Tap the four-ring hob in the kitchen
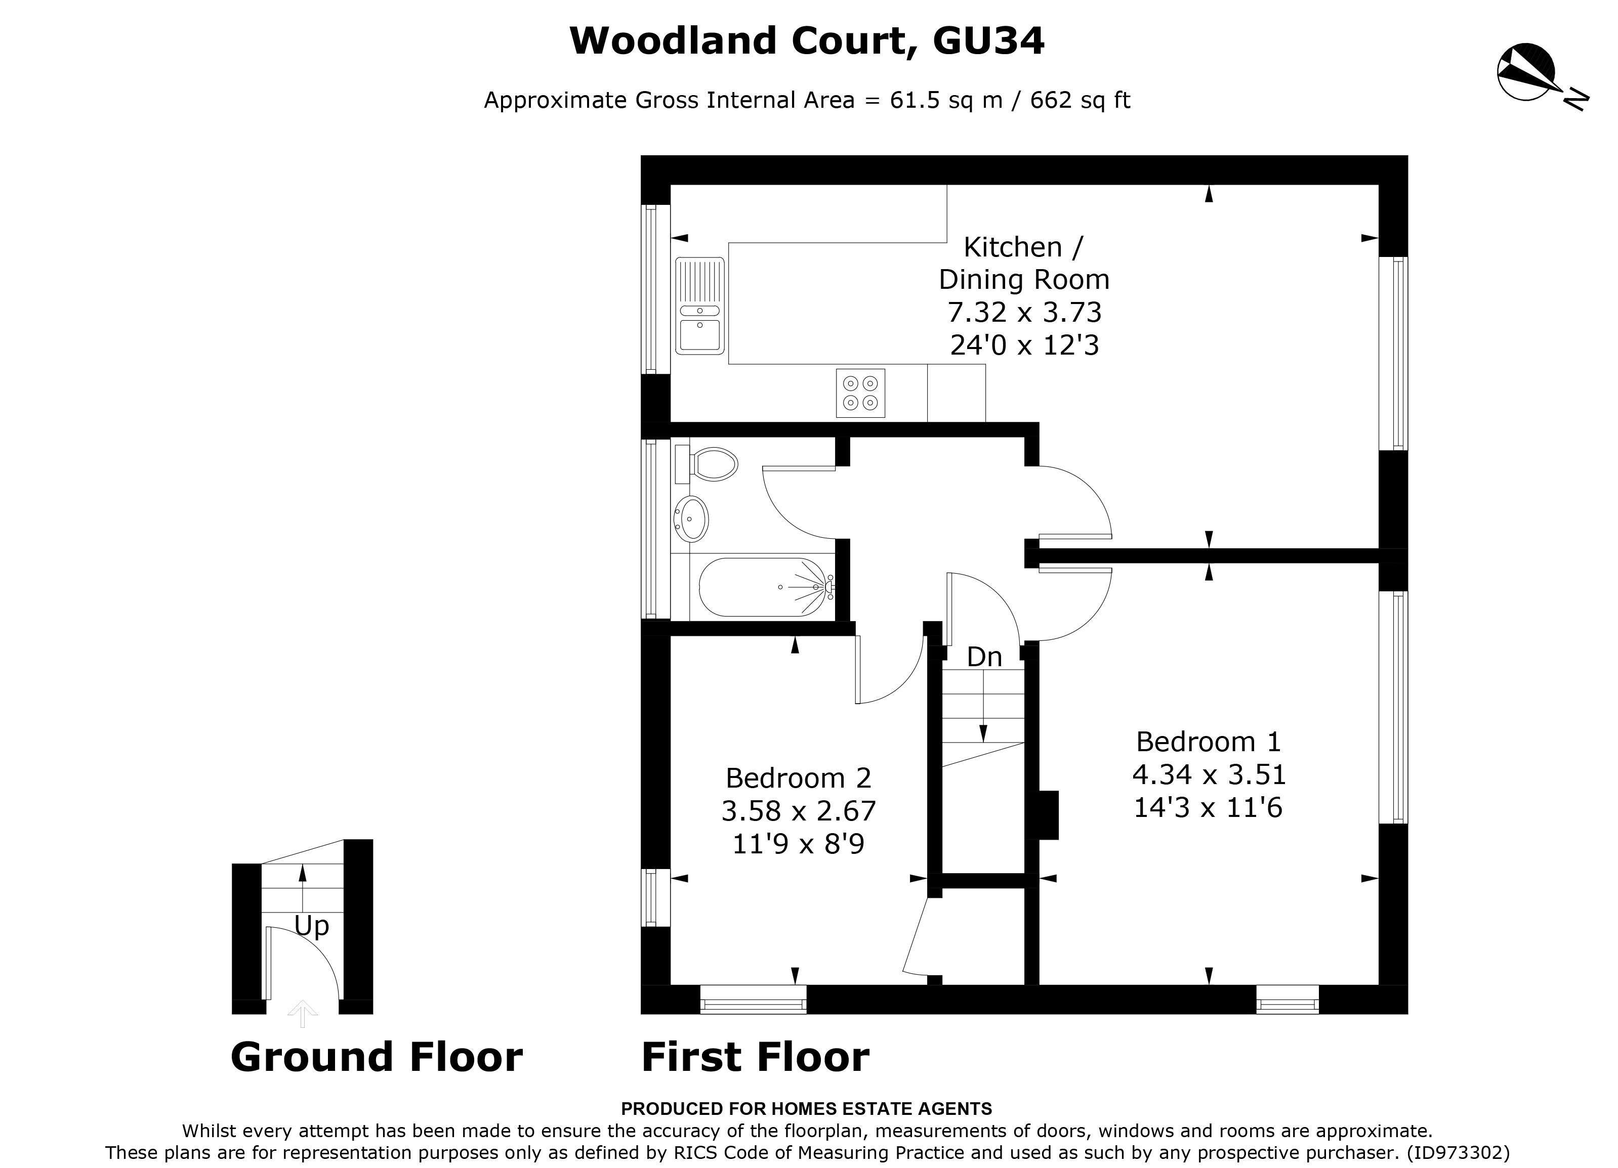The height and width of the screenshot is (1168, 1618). tap(860, 393)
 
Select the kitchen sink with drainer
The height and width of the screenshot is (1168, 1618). tap(700, 306)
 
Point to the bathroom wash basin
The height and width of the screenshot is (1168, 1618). tap(691, 518)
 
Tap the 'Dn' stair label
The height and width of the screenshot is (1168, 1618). tap(984, 657)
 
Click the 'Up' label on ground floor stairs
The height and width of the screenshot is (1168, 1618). tap(312, 926)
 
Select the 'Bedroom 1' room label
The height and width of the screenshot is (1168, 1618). tap(1208, 742)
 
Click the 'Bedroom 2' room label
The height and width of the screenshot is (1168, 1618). tap(798, 778)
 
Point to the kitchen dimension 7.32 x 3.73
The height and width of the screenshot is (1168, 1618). tap(1024, 312)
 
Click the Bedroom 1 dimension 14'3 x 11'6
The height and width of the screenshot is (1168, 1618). tap(1208, 808)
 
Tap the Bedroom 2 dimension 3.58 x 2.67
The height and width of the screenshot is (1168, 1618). tap(798, 811)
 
